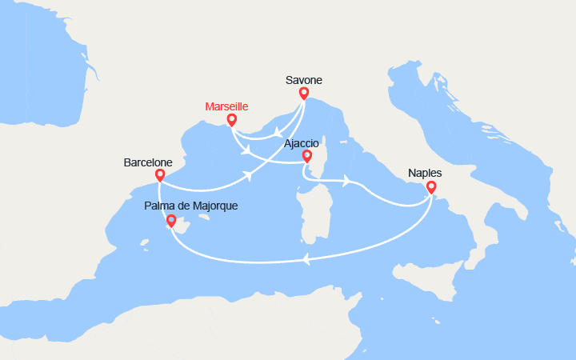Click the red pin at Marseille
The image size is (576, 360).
(x=231, y=121)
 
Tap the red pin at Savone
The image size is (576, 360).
(x=304, y=94)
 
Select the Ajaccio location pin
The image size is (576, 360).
(x=307, y=155)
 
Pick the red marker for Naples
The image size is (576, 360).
(x=431, y=188)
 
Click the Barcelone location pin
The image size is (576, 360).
(x=159, y=175)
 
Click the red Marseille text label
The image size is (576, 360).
(x=227, y=106)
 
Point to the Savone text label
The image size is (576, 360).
(x=305, y=80)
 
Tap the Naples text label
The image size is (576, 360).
(x=425, y=172)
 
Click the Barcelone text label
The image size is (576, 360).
(x=148, y=162)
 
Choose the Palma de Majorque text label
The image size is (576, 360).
(x=190, y=206)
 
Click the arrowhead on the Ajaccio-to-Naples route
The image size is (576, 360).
(x=346, y=181)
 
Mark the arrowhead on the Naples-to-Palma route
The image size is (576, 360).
(x=305, y=258)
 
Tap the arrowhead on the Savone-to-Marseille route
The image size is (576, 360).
(x=277, y=132)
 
